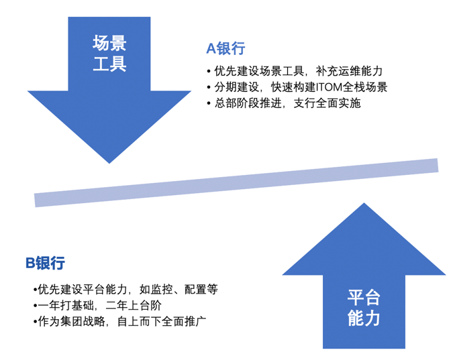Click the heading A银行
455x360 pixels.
click(x=225, y=48)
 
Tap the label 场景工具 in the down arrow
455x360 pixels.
click(x=109, y=54)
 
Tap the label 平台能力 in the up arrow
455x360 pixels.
click(x=364, y=308)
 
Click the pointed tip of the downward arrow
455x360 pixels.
click(x=109, y=162)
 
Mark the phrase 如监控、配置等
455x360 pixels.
click(x=179, y=290)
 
